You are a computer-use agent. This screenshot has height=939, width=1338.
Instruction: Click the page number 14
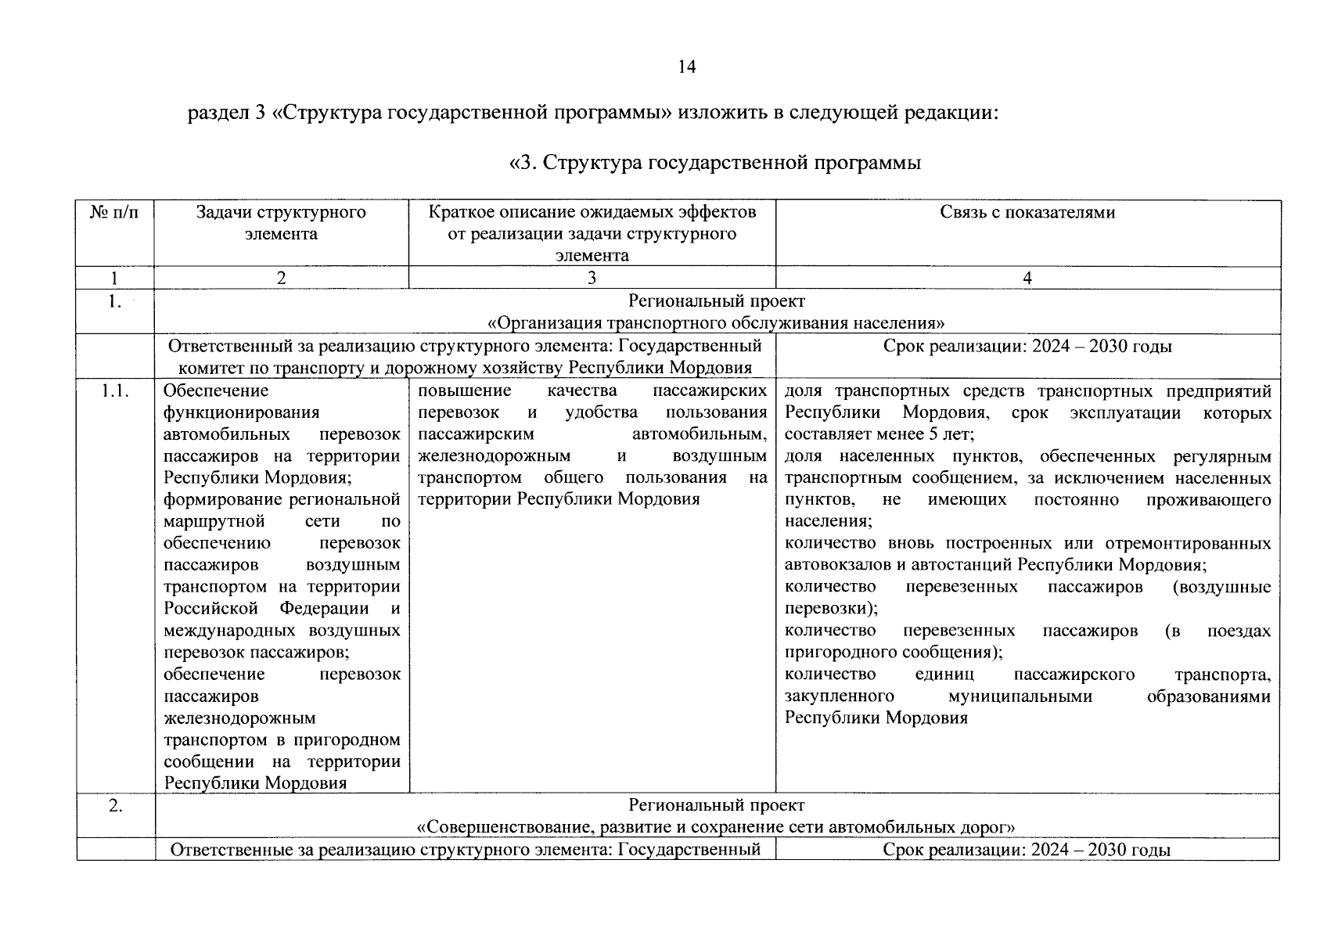pos(686,67)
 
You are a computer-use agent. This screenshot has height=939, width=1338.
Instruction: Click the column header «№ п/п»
pos(114,213)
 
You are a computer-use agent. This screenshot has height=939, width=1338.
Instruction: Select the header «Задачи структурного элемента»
pos(281,223)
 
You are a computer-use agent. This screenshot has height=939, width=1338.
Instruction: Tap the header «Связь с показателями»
pos(1027,213)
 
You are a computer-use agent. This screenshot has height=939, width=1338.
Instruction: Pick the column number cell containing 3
pos(592,278)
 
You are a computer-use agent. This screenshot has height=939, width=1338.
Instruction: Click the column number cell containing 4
pos(1027,278)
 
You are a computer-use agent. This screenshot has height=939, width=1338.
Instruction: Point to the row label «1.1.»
pos(114,391)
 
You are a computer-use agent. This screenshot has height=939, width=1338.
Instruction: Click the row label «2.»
pos(114,805)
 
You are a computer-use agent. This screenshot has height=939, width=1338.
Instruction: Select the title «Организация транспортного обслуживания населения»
pos(716,323)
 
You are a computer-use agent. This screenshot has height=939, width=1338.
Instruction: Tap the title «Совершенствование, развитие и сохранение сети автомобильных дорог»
pos(716,827)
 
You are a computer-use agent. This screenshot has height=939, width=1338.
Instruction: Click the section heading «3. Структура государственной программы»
pos(714,163)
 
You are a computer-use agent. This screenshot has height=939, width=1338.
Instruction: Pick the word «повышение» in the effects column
pos(465,390)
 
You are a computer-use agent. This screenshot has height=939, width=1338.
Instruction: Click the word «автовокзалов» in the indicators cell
pos(836,565)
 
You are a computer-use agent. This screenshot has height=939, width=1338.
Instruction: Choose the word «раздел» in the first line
pos(216,113)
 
